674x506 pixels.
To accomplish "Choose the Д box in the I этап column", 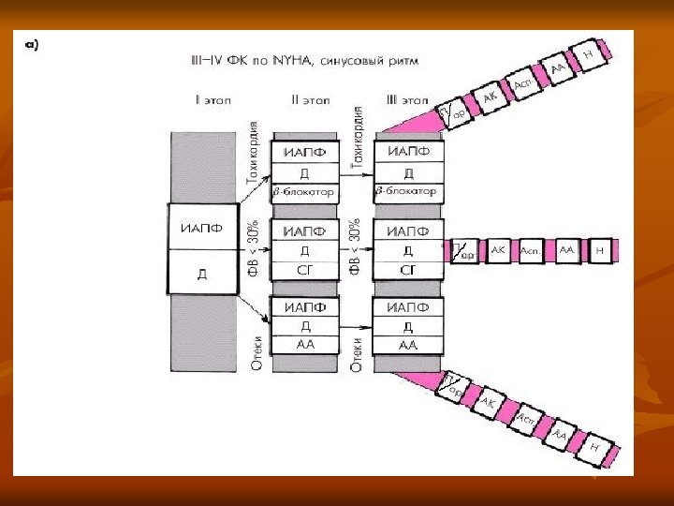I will [x=202, y=275].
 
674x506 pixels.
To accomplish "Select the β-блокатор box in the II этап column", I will [x=303, y=191].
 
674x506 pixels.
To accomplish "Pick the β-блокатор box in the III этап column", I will [x=406, y=191].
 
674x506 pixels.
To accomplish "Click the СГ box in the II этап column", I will [x=303, y=270].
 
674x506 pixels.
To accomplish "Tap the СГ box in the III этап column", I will [x=407, y=270].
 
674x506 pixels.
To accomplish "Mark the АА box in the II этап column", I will [x=303, y=345].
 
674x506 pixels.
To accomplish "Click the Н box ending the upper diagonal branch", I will [x=588, y=56].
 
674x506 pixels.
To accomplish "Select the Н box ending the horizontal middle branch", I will [x=600, y=250].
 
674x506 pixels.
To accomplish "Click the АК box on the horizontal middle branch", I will [x=498, y=250].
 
